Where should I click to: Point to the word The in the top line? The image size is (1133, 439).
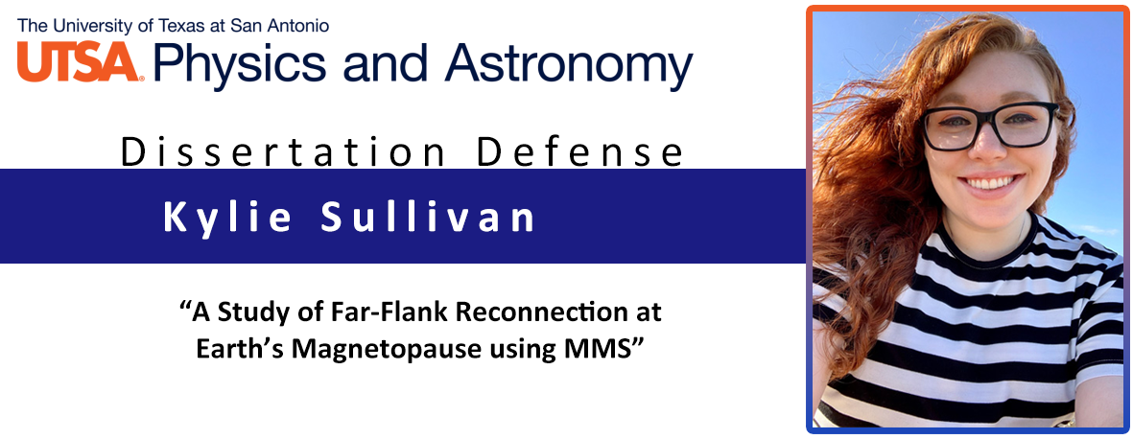[x=29, y=27]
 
